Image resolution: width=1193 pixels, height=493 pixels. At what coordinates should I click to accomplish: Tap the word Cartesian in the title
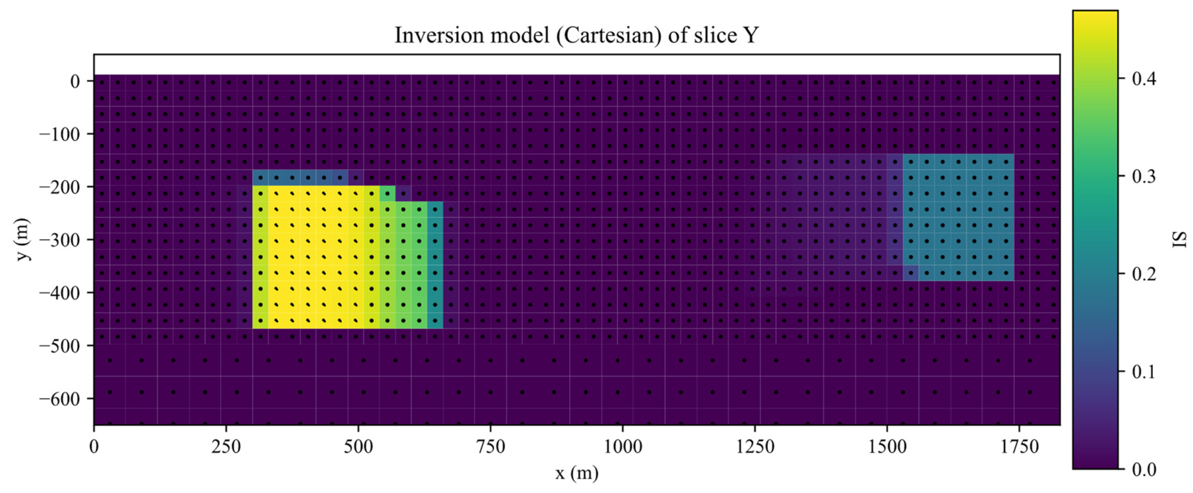[x=609, y=35]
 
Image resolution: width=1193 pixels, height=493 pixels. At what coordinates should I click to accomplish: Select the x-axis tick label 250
[x=226, y=447]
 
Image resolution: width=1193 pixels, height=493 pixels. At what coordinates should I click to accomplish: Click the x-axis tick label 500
[x=358, y=447]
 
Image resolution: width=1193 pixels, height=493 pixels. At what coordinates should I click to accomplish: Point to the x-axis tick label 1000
[x=622, y=447]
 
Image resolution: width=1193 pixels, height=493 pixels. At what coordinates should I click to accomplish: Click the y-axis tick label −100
[x=60, y=134]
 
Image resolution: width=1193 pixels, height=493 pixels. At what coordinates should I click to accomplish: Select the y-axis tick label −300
[x=60, y=240]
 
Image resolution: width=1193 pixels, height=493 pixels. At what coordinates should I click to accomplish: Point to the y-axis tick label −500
[x=60, y=346]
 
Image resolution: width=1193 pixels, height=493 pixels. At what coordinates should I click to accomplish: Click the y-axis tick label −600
[x=60, y=399]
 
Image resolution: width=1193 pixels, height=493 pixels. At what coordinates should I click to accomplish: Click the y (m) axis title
[x=23, y=239]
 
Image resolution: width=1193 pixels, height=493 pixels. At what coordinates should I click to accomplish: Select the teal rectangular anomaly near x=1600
[x=958, y=218]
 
